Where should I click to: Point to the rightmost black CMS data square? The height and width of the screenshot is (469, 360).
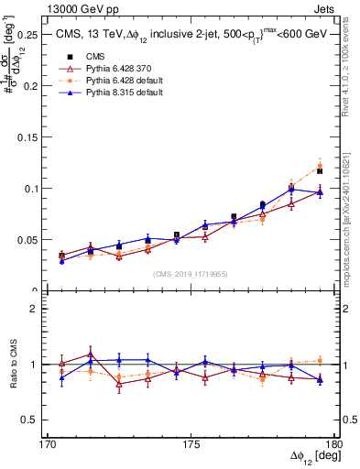tap(320, 171)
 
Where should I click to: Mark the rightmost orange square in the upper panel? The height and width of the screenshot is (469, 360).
tap(320, 167)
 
